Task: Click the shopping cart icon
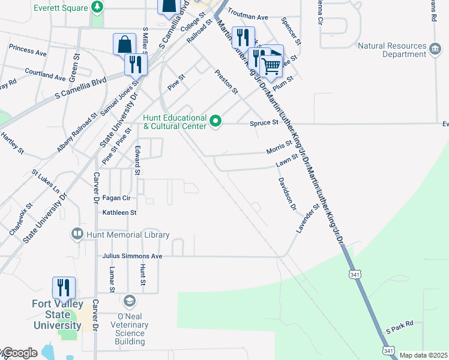click(271, 66)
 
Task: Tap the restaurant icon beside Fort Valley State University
click(63, 287)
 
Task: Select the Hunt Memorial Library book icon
click(77, 234)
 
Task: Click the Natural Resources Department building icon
click(436, 46)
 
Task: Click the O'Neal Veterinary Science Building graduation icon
click(129, 299)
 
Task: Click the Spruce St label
click(265, 122)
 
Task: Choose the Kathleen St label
click(119, 212)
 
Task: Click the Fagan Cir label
click(116, 197)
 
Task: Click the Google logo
click(19, 353)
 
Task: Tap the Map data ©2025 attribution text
click(423, 355)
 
